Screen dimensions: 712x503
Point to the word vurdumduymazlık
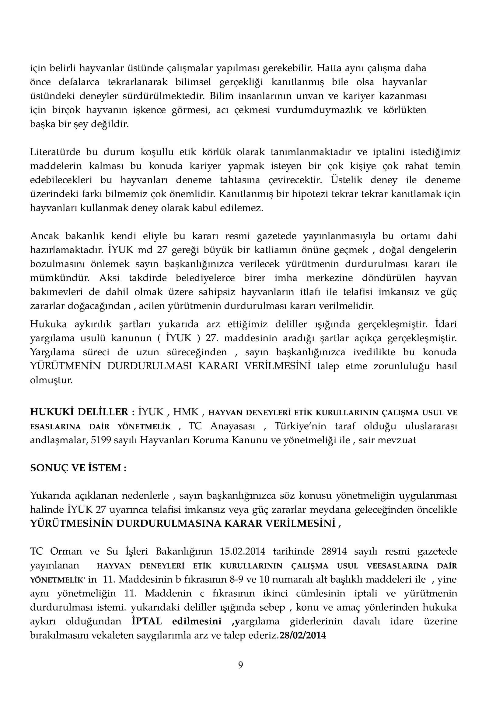319,110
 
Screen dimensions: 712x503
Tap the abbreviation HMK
186,412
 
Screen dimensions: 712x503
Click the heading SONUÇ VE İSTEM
78,468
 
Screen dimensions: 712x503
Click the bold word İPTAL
147,622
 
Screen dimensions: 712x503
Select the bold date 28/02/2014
303,635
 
